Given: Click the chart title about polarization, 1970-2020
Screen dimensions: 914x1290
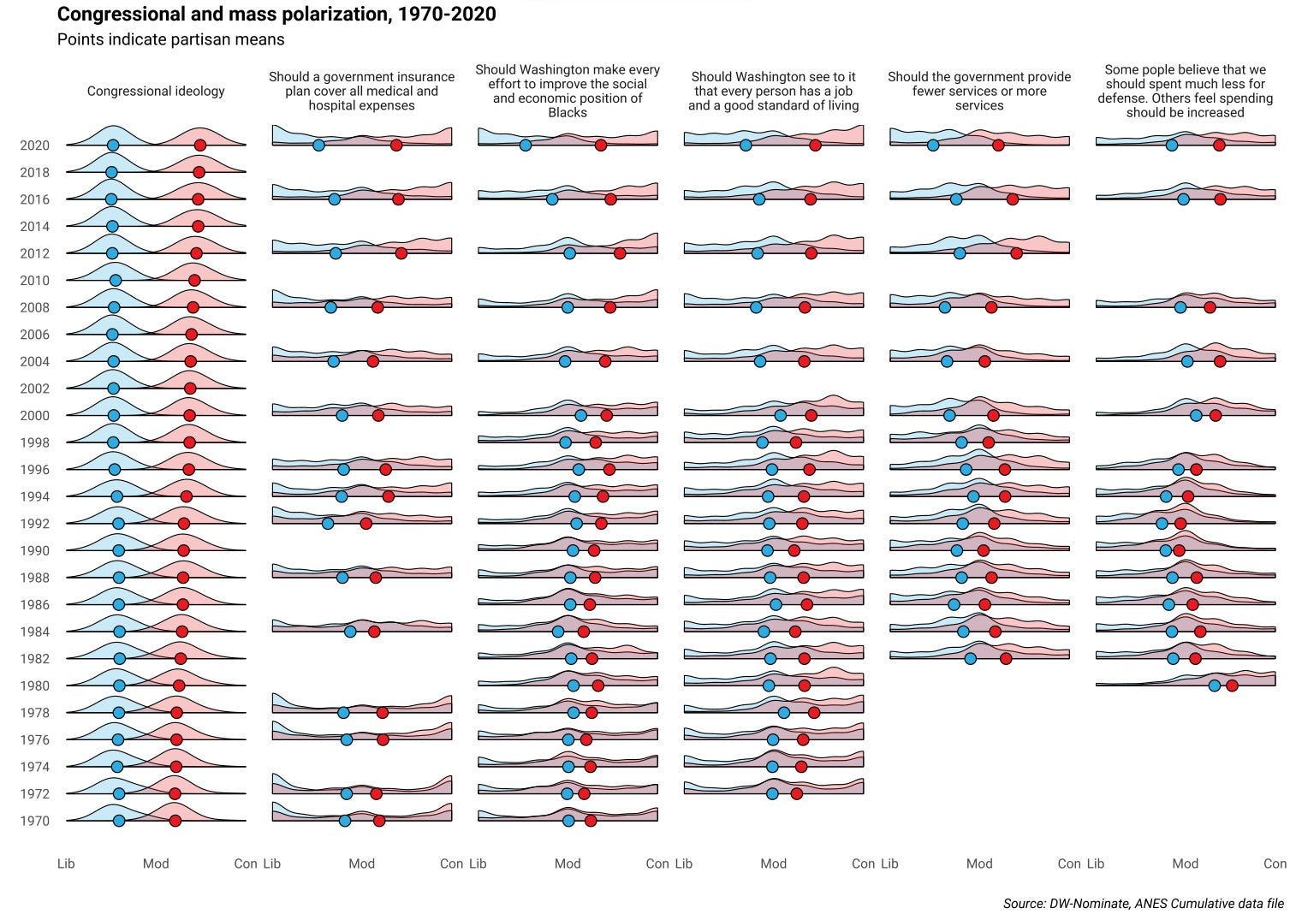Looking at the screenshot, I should coord(276,15).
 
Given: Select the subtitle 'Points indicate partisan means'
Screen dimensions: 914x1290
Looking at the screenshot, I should coord(170,39).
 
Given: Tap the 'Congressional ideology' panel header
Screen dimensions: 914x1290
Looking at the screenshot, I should coord(156,91).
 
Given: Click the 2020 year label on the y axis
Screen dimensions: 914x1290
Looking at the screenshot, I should coord(35,145).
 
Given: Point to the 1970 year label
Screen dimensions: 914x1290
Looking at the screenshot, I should coord(35,821).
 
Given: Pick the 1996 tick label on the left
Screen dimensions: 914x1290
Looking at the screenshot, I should coord(35,470).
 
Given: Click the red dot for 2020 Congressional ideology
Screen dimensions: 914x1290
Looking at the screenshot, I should coord(199,145).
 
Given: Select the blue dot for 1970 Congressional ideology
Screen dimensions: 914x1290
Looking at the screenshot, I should coord(119,821).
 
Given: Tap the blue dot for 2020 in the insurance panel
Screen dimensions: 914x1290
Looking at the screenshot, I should coord(318,145).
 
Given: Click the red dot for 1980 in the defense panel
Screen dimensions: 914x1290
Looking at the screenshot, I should coord(1232,685).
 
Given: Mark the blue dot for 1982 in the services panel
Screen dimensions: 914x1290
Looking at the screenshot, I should coord(970,658).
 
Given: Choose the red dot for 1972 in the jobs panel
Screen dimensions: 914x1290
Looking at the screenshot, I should coord(796,793).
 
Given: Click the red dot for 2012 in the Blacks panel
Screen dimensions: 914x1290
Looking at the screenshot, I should coord(620,253).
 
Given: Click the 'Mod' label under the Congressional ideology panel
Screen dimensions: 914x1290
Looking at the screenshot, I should coord(156,864).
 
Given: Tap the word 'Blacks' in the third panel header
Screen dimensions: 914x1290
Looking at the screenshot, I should coord(568,113).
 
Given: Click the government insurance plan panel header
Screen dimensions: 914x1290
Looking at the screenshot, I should coord(361,91).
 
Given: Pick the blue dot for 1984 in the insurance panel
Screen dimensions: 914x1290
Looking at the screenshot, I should coord(350,632).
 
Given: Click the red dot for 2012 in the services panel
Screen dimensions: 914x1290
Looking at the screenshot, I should coord(1016,253).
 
